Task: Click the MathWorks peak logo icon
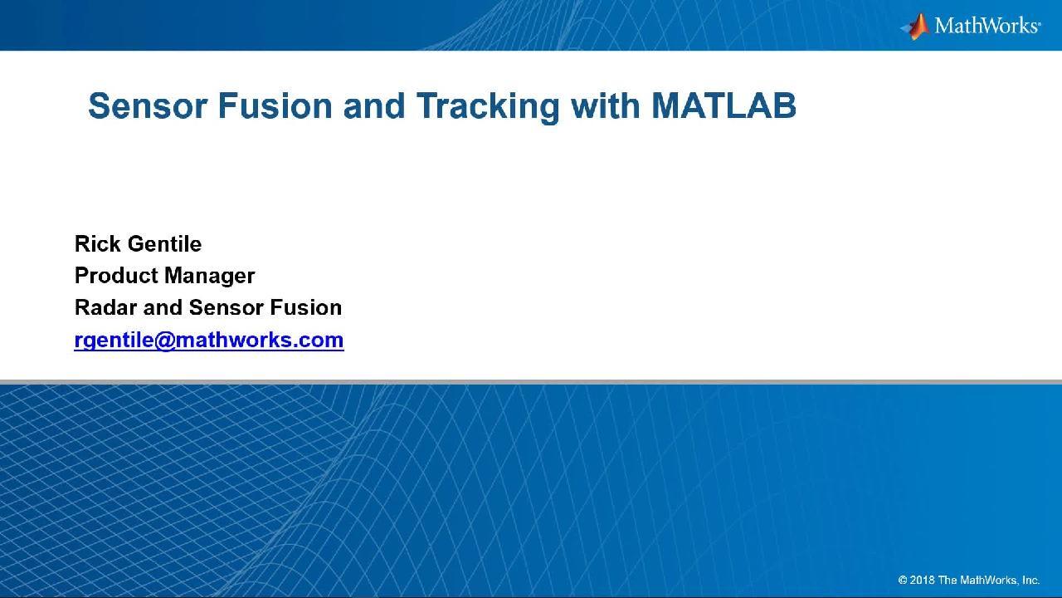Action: (915, 27)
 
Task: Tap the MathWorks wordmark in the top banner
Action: (987, 26)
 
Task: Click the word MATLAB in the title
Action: (723, 105)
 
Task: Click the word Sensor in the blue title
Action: (148, 105)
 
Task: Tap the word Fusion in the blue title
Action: (275, 105)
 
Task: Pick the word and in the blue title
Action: (374, 105)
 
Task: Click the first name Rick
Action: (98, 244)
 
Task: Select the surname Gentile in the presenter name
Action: (164, 244)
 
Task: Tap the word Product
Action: (116, 276)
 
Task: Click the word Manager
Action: (210, 277)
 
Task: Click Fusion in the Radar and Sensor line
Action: (306, 307)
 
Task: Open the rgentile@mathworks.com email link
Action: (209, 341)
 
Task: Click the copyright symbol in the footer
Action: (903, 580)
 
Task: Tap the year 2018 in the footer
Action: (922, 580)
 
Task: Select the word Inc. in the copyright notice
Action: (1030, 580)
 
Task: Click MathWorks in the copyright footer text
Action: (989, 580)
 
